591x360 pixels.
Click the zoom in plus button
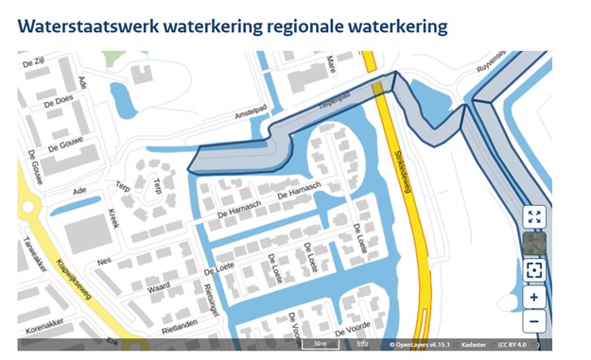pyautogui.click(x=534, y=297)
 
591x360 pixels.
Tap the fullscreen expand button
pyautogui.click(x=534, y=218)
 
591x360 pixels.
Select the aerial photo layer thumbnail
pyautogui.click(x=534, y=244)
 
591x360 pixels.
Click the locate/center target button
pyautogui.click(x=534, y=270)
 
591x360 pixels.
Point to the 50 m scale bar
pyautogui.click(x=320, y=344)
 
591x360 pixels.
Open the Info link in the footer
pyautogui.click(x=362, y=343)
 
